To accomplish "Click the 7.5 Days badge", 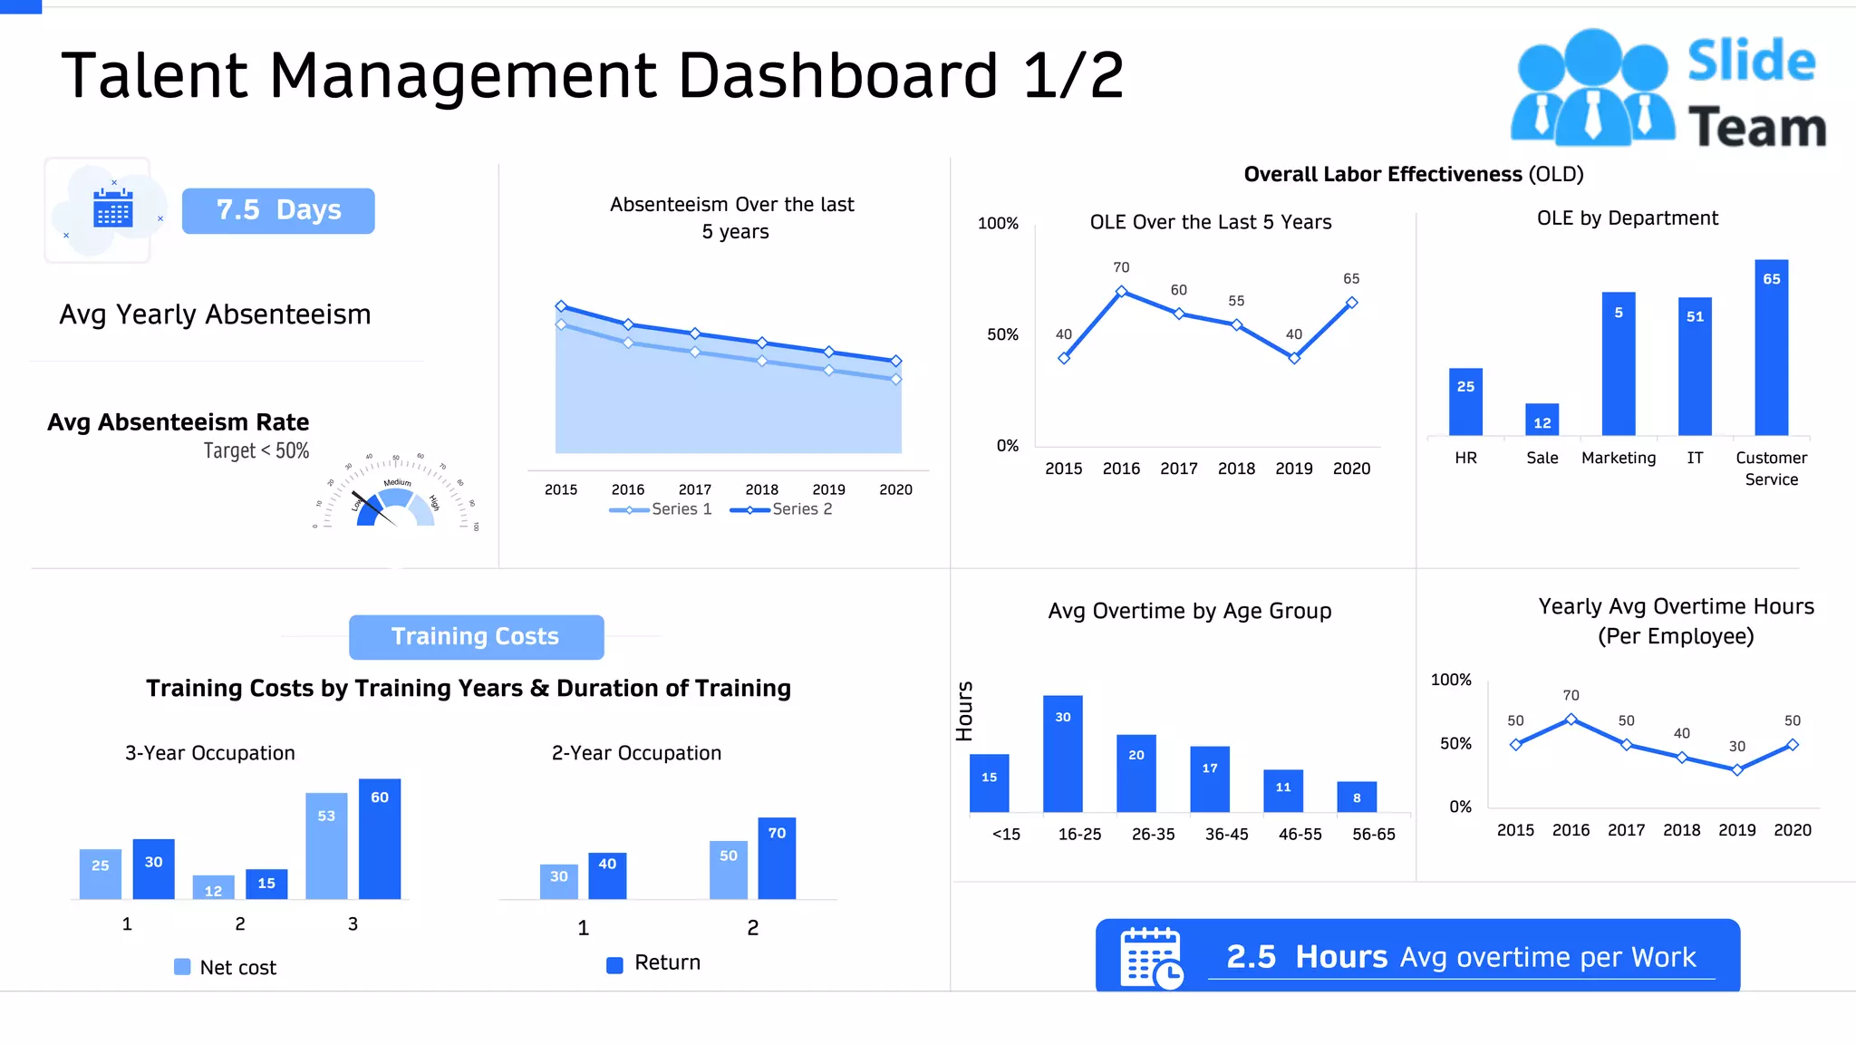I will point(278,210).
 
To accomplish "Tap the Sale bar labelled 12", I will point(1542,420).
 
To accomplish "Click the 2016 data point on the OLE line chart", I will point(1121,291).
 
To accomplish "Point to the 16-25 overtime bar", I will point(1062,753).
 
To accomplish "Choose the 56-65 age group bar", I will point(1356,797).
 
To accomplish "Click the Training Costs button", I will point(476,637).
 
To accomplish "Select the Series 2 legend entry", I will point(781,509).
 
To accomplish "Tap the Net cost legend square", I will point(182,967).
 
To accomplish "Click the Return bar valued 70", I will point(777,857).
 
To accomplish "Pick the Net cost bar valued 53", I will point(326,846).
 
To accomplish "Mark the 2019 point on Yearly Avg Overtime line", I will point(1736,769).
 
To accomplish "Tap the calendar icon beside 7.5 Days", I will point(112,209).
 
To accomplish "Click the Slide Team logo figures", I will point(1592,88).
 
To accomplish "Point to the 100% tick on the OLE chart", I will point(998,223).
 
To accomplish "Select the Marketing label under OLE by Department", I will point(1618,458).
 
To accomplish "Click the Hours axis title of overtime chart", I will point(964,711).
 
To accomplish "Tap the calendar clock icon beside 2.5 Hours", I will point(1151,957).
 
